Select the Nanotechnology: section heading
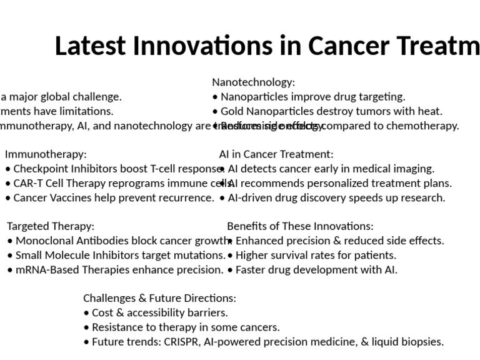253,82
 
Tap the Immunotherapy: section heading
46,154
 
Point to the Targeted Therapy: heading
51,226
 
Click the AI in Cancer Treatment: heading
276,154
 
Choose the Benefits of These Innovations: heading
300,226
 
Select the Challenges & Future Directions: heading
159,298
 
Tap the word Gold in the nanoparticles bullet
232,111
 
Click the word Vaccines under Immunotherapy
69,197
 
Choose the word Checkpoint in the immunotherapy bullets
39,169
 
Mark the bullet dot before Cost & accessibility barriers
86,313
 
